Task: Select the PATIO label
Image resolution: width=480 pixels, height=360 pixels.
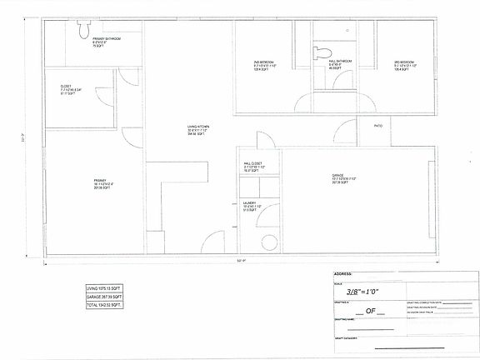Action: [x=377, y=127]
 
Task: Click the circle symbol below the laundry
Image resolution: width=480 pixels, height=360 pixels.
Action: [x=268, y=243]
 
